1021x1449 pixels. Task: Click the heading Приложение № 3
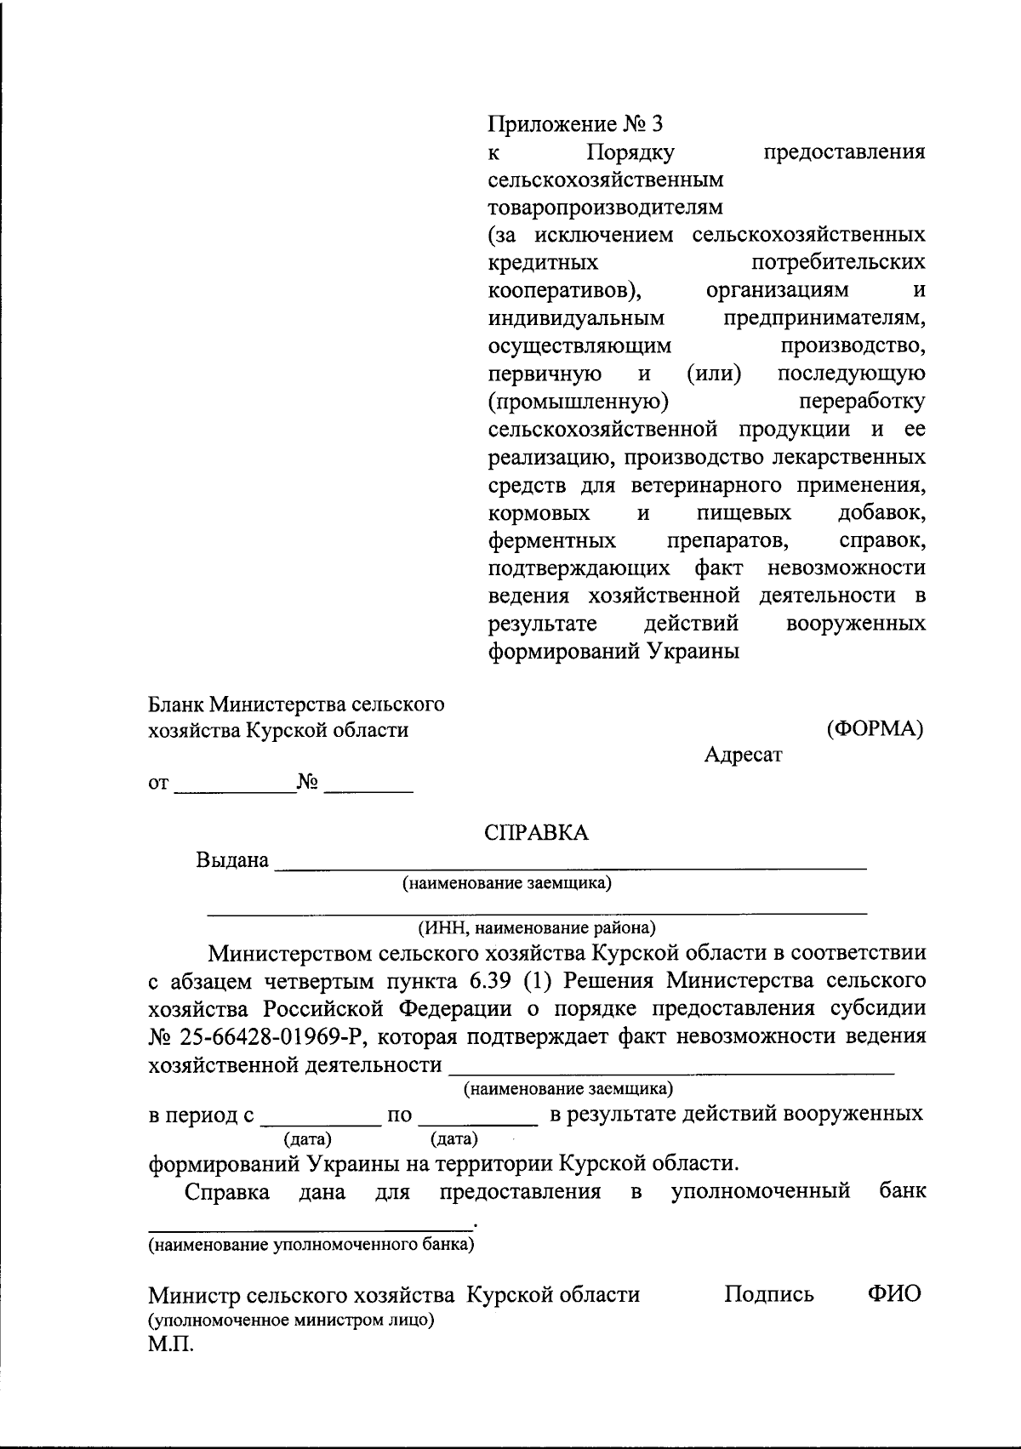(x=574, y=124)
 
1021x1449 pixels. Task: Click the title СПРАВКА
(x=536, y=832)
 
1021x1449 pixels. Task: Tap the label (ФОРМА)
(x=875, y=729)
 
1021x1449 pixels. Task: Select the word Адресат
(x=743, y=755)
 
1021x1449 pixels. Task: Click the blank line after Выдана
(x=570, y=864)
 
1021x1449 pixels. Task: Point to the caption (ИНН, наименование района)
(x=536, y=927)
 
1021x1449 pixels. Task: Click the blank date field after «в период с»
(x=321, y=1118)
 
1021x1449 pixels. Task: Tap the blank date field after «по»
(x=479, y=1118)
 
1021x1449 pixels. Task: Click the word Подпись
(x=769, y=1294)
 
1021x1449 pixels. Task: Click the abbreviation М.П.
(x=171, y=1347)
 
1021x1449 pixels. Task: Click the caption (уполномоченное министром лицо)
(x=292, y=1321)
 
